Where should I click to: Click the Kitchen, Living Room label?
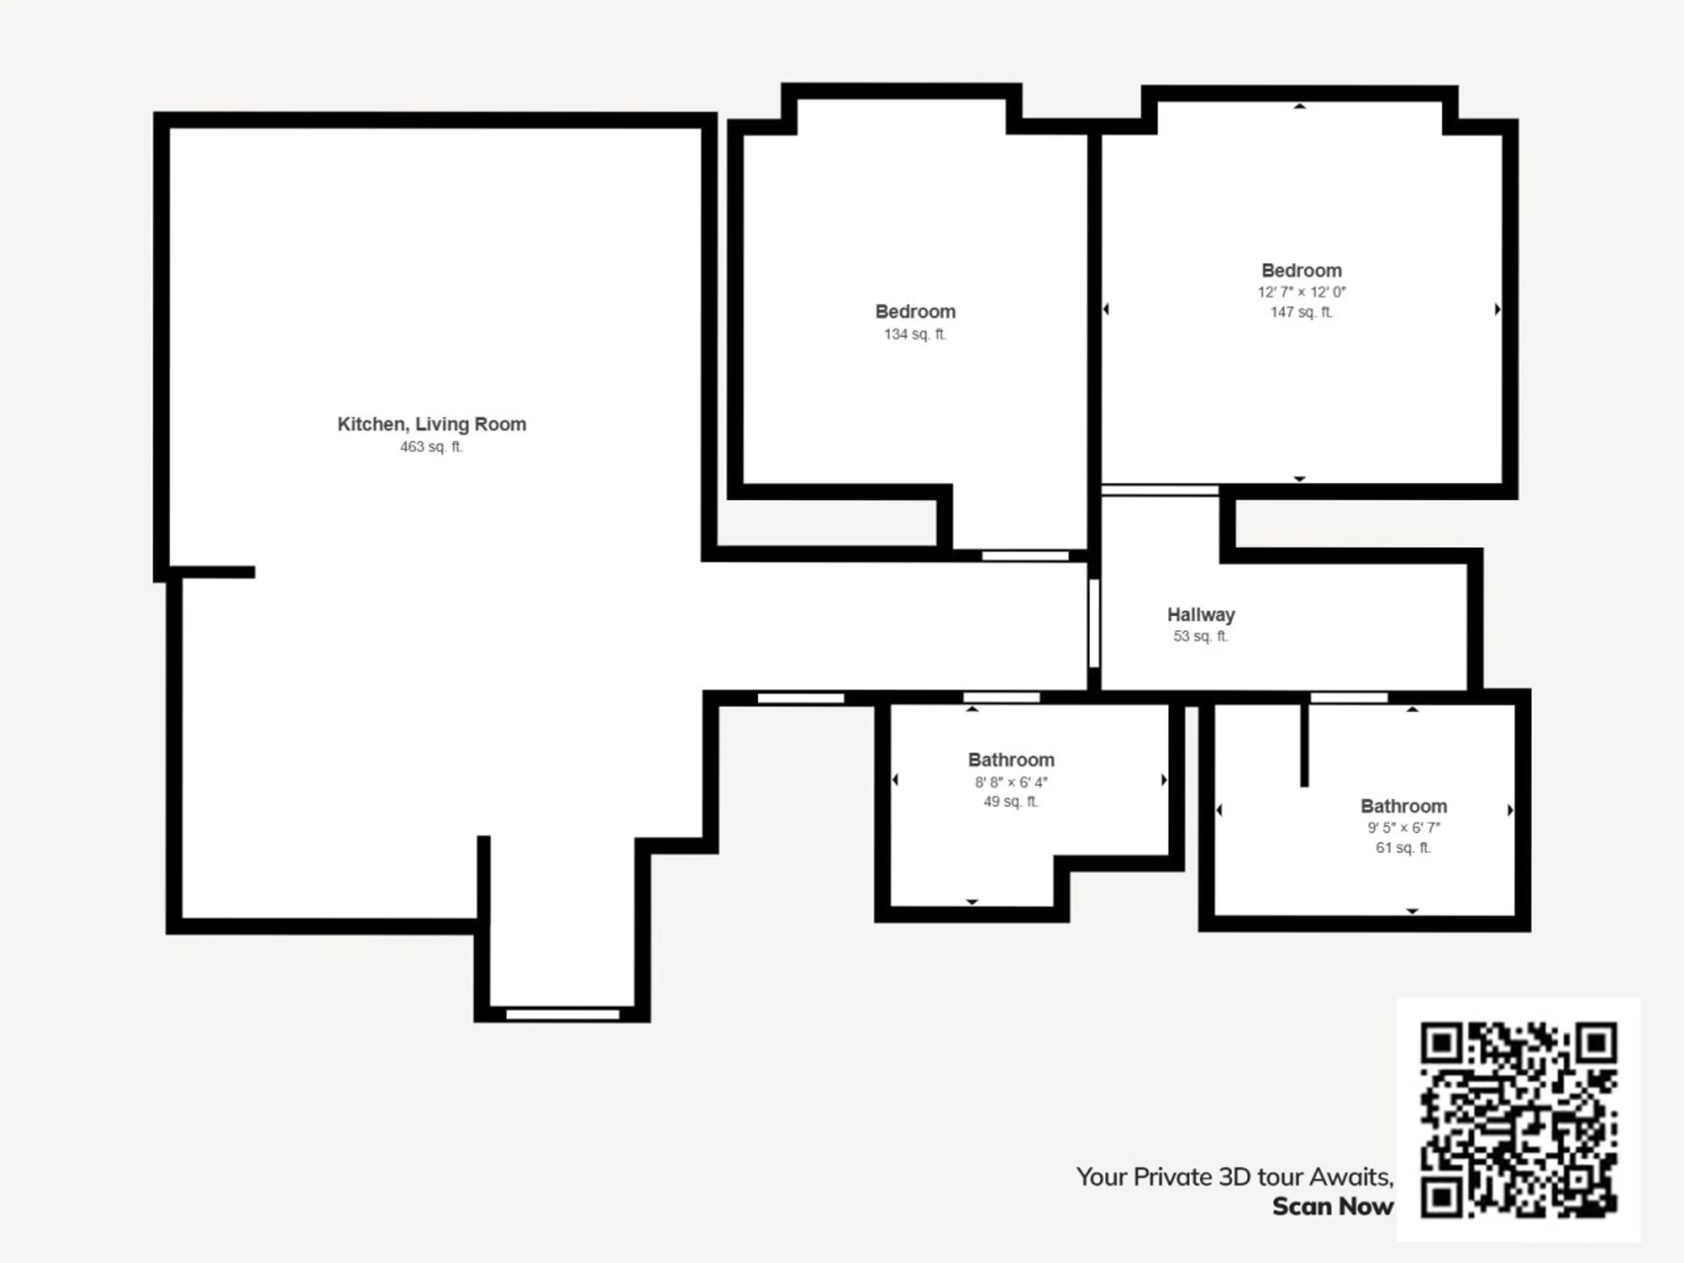click(x=432, y=424)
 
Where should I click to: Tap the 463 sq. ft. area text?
click(x=432, y=447)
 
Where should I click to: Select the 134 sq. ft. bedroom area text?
click(x=915, y=334)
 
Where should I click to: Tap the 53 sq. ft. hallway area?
click(x=1201, y=636)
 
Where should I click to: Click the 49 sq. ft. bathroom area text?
click(x=1011, y=802)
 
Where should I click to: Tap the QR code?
click(x=1519, y=1119)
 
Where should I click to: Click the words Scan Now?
click(x=1333, y=1207)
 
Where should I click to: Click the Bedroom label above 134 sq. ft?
click(x=915, y=311)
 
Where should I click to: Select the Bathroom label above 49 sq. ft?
click(x=1011, y=760)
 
